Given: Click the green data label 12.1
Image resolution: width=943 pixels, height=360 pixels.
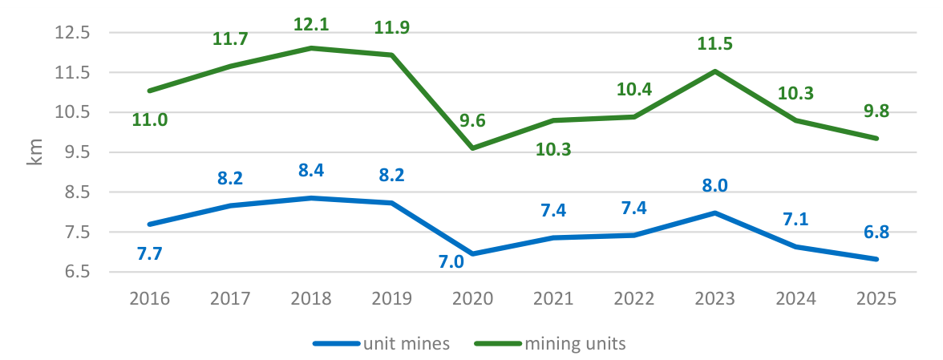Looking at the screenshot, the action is (x=312, y=25).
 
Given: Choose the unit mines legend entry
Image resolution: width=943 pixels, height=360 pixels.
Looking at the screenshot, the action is (x=382, y=344).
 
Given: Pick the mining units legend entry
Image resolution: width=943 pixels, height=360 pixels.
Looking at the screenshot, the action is (x=550, y=344).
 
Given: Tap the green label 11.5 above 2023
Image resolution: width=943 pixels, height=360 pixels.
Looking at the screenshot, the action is (x=714, y=44).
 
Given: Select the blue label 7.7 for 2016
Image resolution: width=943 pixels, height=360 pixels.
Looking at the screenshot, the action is (x=150, y=253).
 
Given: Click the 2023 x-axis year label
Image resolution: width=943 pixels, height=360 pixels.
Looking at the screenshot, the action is (x=714, y=298).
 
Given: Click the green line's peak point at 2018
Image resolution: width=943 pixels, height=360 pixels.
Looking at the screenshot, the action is (x=312, y=47).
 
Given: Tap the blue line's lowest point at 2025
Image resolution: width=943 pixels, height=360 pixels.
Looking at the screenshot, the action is (x=877, y=260).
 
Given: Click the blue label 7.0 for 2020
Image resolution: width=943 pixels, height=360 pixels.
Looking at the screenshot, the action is (x=451, y=262).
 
